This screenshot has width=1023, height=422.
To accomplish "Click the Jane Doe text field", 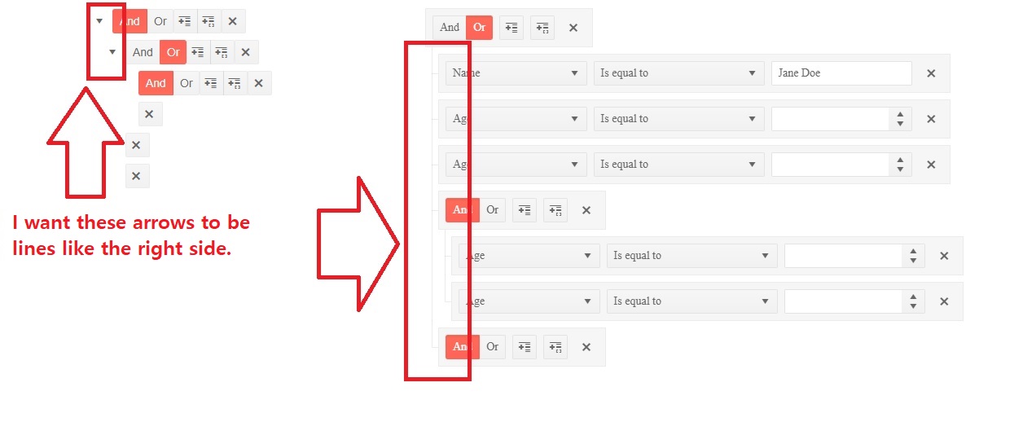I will pos(841,73).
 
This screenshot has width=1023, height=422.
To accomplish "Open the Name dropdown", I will pos(516,73).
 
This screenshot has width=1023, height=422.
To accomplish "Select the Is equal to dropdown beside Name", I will pos(678,73).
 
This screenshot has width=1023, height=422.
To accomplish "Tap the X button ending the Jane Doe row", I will pos(931,73).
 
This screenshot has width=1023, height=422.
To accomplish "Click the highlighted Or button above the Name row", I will pos(480,27).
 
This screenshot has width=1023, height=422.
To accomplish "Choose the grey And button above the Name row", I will pos(450,27).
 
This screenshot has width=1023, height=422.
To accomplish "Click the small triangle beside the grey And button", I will pos(112,52).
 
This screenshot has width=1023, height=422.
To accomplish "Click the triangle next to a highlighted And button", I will pos(99,21).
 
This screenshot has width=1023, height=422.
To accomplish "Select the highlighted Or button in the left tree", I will pos(173,52).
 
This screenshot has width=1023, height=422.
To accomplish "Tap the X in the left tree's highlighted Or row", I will pos(245,53).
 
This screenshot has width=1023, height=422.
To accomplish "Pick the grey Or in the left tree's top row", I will pos(160,21).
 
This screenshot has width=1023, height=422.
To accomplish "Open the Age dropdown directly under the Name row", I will pos(516,119).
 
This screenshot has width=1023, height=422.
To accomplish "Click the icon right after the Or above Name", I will pos(511,28).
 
